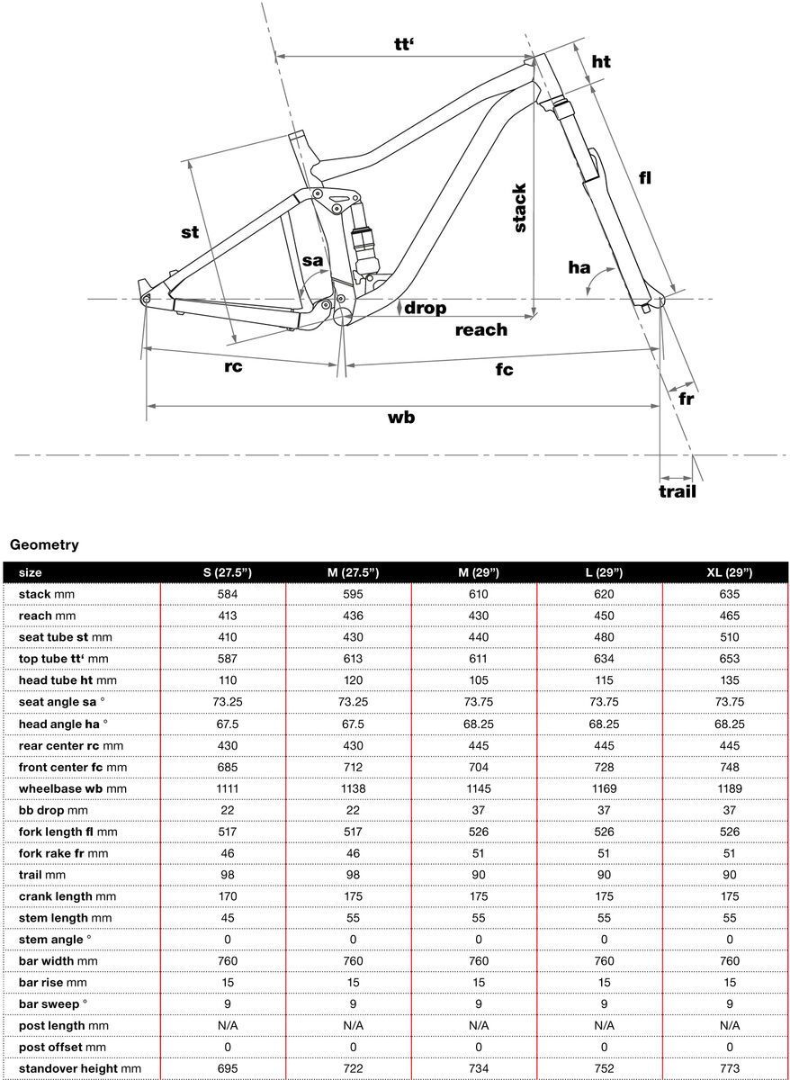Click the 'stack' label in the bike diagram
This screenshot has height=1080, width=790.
(519, 208)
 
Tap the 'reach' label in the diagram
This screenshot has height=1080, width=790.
(480, 330)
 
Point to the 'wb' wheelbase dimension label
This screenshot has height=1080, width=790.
(401, 418)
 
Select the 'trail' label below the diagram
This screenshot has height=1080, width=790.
(678, 491)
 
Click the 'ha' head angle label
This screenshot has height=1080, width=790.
(579, 267)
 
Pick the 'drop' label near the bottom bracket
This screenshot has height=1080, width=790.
(425, 308)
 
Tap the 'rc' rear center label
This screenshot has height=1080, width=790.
(233, 367)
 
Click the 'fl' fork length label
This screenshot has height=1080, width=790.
(644, 178)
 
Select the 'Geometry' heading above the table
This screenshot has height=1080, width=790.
(44, 544)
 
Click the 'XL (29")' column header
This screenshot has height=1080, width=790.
(730, 572)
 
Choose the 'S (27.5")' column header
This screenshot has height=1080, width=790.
(227, 572)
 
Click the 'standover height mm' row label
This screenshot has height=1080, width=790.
(80, 1068)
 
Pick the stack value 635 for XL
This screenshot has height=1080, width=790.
(730, 594)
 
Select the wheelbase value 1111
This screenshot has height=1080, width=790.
(227, 788)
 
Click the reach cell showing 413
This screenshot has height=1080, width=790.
(227, 616)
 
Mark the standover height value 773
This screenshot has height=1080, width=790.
(730, 1068)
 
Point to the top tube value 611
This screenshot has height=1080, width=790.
(479, 659)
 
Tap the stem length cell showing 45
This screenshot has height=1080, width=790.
(227, 918)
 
